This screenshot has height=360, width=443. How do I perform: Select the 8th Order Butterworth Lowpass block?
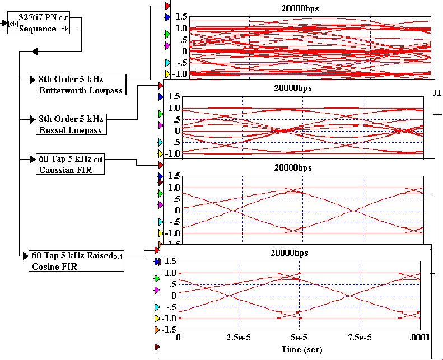(80, 84)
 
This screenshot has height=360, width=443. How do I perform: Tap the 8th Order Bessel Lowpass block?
(71, 124)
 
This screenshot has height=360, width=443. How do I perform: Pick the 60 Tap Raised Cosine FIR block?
(76, 261)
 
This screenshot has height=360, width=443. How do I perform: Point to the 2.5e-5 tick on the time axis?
(239, 338)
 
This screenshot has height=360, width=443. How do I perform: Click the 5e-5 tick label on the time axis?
(299, 338)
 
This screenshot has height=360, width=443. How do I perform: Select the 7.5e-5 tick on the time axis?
(360, 338)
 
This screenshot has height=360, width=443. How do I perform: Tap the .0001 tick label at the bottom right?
(419, 338)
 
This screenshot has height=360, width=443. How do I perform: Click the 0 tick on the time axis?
(179, 338)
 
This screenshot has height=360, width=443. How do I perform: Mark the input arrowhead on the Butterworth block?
(31, 80)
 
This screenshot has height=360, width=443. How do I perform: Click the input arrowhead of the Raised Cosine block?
(25, 256)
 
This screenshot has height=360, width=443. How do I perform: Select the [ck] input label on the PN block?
(13, 23)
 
